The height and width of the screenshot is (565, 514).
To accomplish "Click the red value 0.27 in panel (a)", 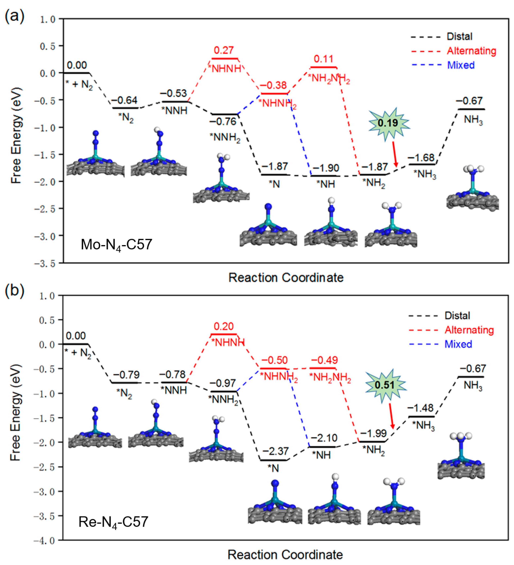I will coord(224,50).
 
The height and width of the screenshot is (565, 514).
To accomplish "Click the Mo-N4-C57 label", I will coord(116,245).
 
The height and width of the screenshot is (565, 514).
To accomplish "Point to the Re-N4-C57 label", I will coord(113,522).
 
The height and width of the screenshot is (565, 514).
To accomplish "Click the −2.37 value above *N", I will coord(275,451).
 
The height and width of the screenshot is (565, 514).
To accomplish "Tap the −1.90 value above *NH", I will coord(326,168).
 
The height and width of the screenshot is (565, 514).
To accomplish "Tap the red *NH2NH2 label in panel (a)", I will coord(329,79).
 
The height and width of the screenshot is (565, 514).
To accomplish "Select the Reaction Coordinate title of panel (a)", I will coord(286,277).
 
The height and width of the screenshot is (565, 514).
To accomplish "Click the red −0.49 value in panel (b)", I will coord(324,360).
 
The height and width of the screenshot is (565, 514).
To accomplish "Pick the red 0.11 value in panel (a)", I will coord(324,59).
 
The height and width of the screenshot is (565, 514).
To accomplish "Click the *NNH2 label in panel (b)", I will coord(223,400).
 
